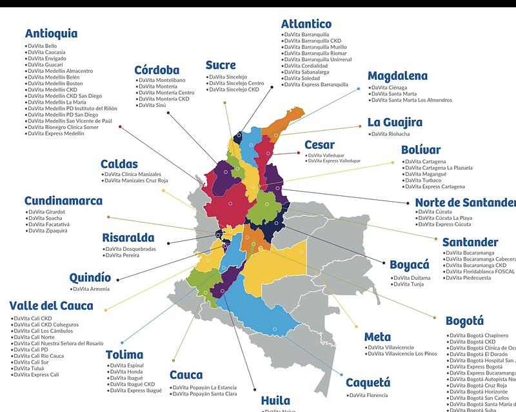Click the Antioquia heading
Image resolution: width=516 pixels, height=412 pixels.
point(51,34)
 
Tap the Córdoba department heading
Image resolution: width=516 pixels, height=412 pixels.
point(156,70)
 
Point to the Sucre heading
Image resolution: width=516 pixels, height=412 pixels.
point(221,65)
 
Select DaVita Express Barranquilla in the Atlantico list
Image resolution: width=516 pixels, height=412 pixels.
point(316,84)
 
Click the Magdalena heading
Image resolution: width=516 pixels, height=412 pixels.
point(397,76)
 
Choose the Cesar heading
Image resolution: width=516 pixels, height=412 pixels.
point(319,145)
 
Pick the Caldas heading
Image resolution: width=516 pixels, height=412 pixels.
point(119,164)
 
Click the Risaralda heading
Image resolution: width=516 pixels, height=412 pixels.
point(128,238)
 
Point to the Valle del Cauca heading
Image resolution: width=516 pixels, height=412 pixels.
point(51,306)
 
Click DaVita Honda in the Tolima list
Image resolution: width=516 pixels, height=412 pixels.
point(126,371)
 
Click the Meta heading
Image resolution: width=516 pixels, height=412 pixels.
point(377,337)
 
